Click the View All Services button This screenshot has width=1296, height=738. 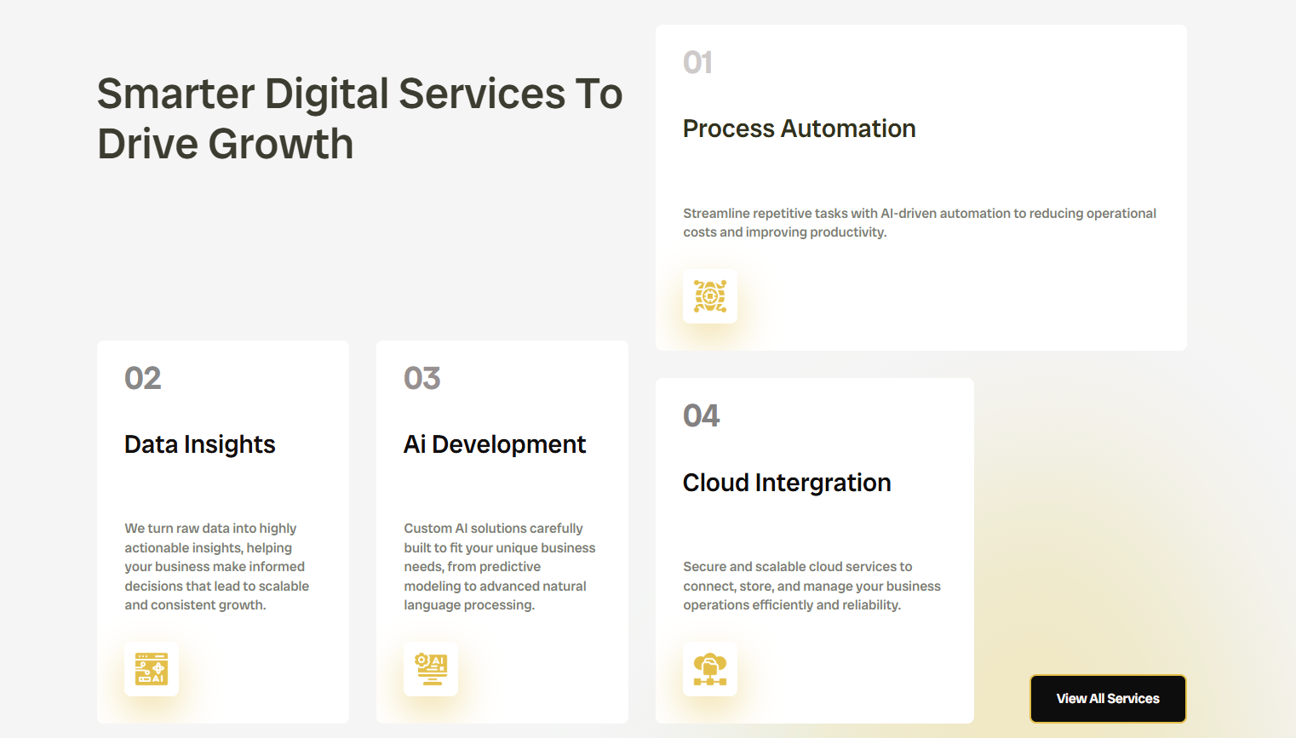click(x=1107, y=699)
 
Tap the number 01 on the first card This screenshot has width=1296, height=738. click(x=697, y=62)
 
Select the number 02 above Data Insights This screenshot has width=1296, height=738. click(x=143, y=378)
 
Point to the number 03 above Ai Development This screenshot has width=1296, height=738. click(x=421, y=378)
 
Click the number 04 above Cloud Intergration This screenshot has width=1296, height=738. click(x=702, y=416)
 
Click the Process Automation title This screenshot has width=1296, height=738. click(x=799, y=129)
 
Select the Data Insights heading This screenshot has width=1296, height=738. click(x=199, y=445)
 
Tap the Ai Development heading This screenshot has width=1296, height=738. click(x=495, y=445)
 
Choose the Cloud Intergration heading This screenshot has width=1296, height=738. click(x=787, y=483)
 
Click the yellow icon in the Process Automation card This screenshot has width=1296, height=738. click(x=710, y=296)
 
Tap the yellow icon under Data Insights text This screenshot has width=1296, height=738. click(x=152, y=669)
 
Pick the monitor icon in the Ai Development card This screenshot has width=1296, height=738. click(x=431, y=669)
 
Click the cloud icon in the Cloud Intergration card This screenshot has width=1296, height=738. click(x=710, y=669)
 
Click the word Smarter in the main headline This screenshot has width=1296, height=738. click(x=176, y=94)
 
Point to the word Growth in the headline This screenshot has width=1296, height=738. click(x=281, y=144)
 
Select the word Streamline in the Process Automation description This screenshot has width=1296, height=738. click(x=716, y=214)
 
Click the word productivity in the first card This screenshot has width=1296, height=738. click(x=847, y=232)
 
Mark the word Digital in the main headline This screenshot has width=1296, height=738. click(x=326, y=94)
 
